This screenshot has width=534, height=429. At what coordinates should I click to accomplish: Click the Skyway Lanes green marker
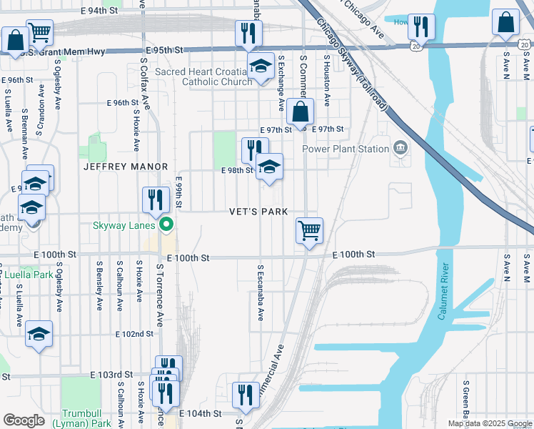tap(167, 225)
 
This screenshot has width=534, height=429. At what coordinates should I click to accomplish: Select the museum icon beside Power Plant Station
tap(400, 149)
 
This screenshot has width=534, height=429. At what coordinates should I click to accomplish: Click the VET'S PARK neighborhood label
tap(258, 212)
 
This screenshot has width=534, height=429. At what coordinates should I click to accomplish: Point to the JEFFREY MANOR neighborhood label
tap(125, 167)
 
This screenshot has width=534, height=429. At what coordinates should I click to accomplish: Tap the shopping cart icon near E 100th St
tap(309, 231)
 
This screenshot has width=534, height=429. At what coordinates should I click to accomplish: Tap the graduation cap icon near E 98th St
tap(269, 167)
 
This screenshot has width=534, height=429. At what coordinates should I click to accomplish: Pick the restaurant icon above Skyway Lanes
tap(156, 199)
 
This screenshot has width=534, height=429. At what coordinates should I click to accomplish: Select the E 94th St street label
tap(99, 11)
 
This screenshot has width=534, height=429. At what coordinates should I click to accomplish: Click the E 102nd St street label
tap(135, 334)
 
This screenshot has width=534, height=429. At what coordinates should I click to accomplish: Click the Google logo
tap(24, 420)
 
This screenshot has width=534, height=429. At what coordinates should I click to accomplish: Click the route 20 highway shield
tap(416, 44)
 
